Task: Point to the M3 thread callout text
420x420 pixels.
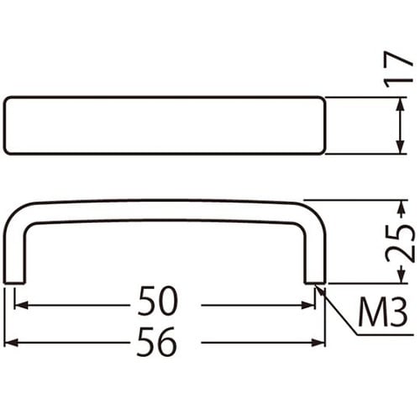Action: pyautogui.click(x=382, y=312)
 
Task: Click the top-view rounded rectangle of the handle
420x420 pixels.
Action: pyautogui.click(x=164, y=125)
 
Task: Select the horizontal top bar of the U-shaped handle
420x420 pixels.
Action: pyautogui.click(x=164, y=211)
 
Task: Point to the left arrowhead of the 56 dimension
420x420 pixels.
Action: pyautogui.click(x=9, y=343)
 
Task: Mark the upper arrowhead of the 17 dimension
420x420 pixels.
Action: pyautogui.click(x=396, y=102)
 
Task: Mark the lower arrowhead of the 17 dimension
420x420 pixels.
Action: pyautogui.click(x=396, y=149)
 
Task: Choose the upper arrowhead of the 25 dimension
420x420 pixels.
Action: pyautogui.click(x=396, y=205)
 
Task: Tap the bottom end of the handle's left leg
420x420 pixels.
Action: pyautogui.click(x=14, y=281)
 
